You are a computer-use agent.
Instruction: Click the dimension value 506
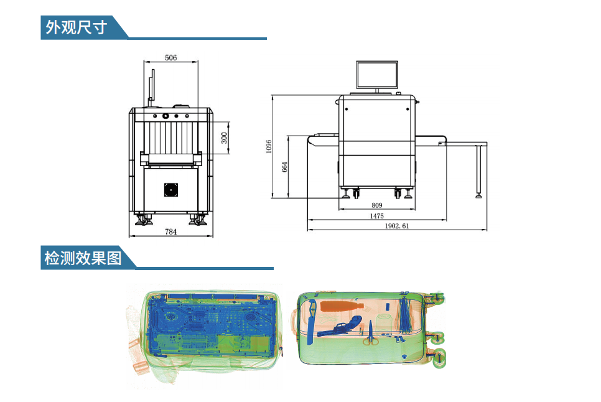point(170,57)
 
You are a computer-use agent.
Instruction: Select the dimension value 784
point(170,231)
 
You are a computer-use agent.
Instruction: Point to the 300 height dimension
point(224,138)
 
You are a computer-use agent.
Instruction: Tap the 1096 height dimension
point(269,146)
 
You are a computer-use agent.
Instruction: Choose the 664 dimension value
point(285,167)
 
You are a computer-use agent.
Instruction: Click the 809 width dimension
point(377,205)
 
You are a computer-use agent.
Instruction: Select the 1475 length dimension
point(377,216)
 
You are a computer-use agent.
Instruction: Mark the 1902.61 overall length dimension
point(397,226)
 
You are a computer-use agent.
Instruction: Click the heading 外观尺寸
point(77,27)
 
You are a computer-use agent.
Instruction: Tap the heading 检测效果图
point(83,258)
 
